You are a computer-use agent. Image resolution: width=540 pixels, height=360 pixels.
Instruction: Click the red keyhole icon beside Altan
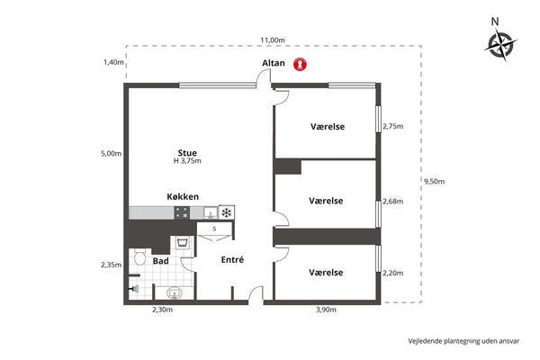click(x=300, y=64)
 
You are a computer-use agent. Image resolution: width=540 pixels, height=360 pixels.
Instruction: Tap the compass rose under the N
click(x=501, y=45)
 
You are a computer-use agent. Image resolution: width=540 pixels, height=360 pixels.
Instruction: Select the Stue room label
click(x=187, y=153)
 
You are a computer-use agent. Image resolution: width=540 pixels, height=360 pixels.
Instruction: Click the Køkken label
click(x=183, y=197)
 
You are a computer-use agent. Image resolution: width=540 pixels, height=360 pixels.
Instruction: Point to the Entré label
click(x=232, y=259)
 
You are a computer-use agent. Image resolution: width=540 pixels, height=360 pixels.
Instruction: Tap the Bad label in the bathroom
click(x=161, y=261)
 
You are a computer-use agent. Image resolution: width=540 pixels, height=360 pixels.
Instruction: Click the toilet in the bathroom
click(x=139, y=256)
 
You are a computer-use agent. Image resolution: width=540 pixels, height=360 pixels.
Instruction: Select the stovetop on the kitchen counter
click(x=182, y=212)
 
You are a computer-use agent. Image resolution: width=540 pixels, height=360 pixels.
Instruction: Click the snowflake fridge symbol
click(x=226, y=213)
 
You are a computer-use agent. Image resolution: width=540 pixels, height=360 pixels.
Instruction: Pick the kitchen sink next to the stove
click(x=211, y=212)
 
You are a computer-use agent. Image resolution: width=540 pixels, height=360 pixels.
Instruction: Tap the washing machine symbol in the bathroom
click(x=182, y=243)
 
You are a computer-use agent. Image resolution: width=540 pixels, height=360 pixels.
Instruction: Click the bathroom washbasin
click(x=175, y=293)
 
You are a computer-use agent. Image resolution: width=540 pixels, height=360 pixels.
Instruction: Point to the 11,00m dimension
click(x=273, y=40)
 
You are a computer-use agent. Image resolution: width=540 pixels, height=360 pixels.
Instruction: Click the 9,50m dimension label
click(x=435, y=182)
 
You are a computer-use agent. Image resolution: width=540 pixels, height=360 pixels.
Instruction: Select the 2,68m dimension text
click(x=393, y=202)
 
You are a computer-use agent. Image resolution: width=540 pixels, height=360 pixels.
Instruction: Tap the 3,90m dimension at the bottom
click(x=326, y=310)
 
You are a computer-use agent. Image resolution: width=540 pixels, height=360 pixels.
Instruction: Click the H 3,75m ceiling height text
click(x=187, y=161)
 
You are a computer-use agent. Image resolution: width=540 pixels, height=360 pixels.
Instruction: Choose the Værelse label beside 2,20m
click(x=326, y=273)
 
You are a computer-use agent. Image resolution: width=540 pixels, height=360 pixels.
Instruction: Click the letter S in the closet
click(x=214, y=229)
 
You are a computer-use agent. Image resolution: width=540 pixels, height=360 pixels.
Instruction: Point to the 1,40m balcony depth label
click(x=113, y=62)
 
